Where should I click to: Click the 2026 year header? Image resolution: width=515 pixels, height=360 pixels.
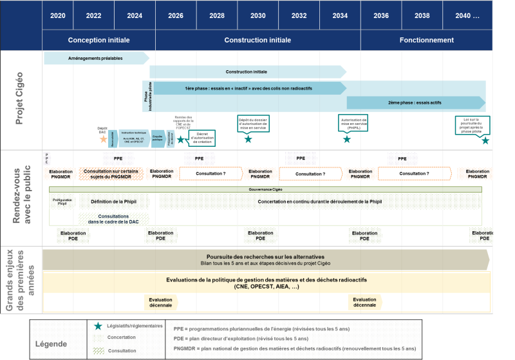174,15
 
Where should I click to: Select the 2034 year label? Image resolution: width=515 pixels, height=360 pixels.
340,15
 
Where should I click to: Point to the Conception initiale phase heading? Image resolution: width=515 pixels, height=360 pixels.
98,40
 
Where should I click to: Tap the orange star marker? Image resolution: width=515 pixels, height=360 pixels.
103,138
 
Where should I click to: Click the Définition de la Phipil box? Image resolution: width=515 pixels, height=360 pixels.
114,202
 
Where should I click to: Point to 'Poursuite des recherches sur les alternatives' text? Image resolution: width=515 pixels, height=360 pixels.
265,256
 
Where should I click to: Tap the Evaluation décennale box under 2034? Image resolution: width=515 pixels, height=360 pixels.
364,302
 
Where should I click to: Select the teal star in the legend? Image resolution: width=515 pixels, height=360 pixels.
98,327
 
